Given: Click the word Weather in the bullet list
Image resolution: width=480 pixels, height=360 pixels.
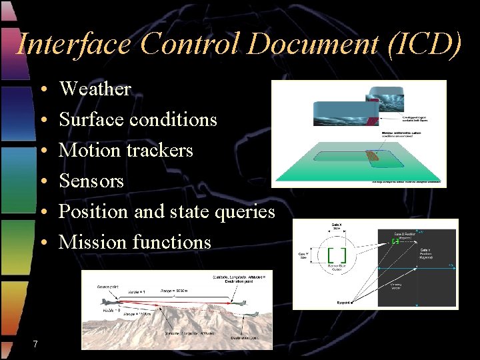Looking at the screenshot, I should point(95,89).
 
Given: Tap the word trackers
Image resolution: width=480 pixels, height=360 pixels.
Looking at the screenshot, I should point(159,150).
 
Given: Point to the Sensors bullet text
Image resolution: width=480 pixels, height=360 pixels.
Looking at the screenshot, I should point(91,181).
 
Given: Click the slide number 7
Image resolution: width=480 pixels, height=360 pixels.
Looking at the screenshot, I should point(35,343).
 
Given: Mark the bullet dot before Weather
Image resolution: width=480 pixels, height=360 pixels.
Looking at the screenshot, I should point(42,89).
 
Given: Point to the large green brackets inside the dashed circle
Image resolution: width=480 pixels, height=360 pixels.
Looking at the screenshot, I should point(337,254).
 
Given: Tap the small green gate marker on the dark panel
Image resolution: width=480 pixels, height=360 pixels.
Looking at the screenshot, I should point(395,241).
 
